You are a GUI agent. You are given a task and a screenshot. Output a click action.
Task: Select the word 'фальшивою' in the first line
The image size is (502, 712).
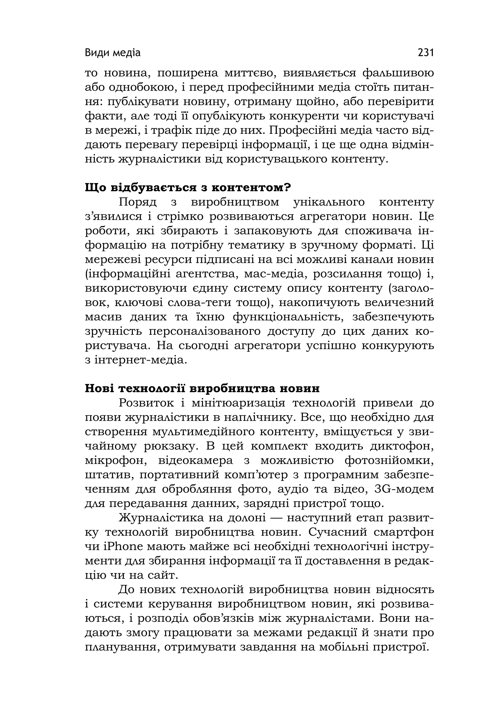pyautogui.click(x=398, y=73)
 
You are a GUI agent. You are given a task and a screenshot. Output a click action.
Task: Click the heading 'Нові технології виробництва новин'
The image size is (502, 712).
pyautogui.click(x=202, y=389)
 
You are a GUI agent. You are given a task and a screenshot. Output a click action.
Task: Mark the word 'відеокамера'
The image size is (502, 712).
pyautogui.click(x=195, y=461)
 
